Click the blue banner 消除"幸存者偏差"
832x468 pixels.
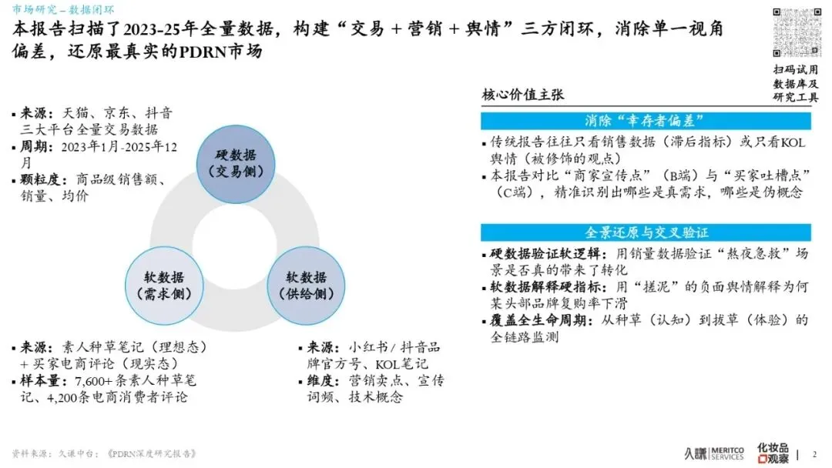point(646,121)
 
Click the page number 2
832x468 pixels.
point(816,454)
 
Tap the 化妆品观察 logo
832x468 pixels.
point(773,453)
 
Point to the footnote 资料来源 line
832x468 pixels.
point(104,453)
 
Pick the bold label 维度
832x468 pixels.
point(324,381)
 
